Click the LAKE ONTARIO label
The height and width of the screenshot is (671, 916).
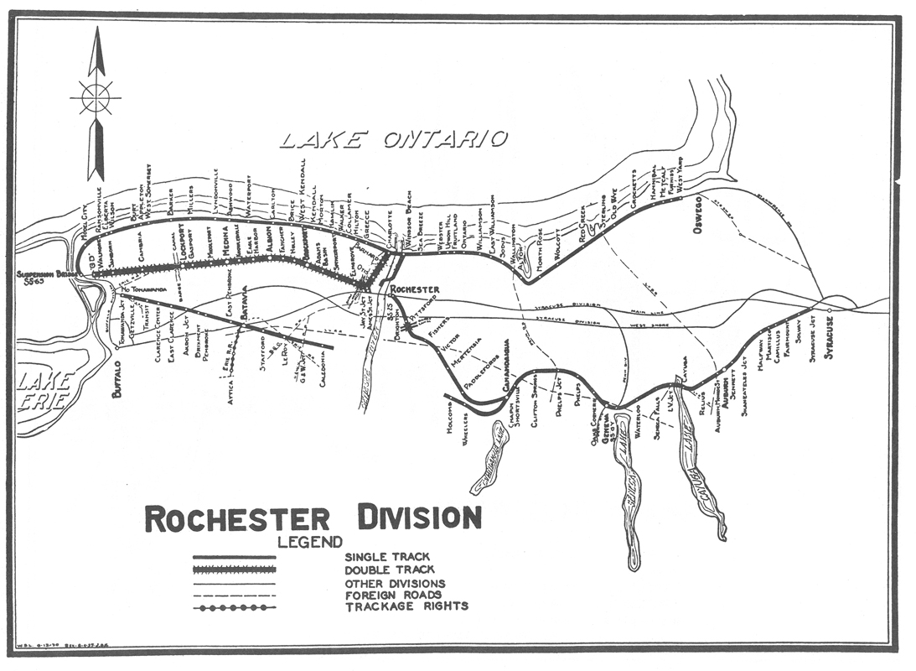point(393,139)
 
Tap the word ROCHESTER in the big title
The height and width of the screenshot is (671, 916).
point(237,518)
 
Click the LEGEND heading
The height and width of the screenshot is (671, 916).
point(311,542)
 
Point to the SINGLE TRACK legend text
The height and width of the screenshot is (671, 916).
point(387,556)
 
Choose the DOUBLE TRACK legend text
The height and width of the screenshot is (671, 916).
point(389,569)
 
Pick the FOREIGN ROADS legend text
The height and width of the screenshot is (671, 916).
point(393,595)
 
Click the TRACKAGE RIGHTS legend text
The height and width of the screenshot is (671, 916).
point(406,606)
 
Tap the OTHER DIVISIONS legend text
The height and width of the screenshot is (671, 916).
point(395,583)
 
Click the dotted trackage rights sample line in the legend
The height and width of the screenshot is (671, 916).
point(235,607)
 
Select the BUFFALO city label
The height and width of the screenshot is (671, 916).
point(118,377)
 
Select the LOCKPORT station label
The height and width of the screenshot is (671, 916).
point(180,242)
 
